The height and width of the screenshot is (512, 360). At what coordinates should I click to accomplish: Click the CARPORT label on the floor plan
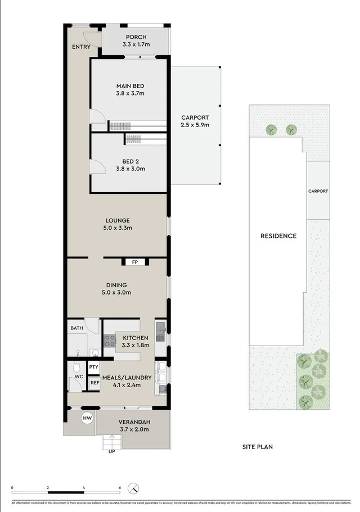pyautogui.click(x=195, y=117)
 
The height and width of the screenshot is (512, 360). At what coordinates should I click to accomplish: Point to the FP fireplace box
pyautogui.click(x=134, y=262)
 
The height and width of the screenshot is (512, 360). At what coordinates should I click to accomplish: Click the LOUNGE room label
pyautogui.click(x=118, y=220)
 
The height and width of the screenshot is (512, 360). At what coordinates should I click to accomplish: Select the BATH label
pyautogui.click(x=76, y=328)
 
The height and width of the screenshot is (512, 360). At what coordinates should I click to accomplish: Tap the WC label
pyautogui.click(x=79, y=376)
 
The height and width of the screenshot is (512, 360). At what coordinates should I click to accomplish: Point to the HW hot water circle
pyautogui.click(x=87, y=418)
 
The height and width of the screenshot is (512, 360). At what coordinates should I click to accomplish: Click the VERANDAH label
pyautogui.click(x=133, y=422)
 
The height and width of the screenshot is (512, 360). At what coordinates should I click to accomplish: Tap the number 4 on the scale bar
pyautogui.click(x=84, y=488)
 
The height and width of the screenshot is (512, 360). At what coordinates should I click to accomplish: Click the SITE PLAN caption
pyautogui.click(x=257, y=447)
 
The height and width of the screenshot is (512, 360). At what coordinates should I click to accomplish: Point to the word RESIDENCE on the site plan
pyautogui.click(x=278, y=236)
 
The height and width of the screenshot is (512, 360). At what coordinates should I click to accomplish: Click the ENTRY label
pyautogui.click(x=80, y=47)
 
